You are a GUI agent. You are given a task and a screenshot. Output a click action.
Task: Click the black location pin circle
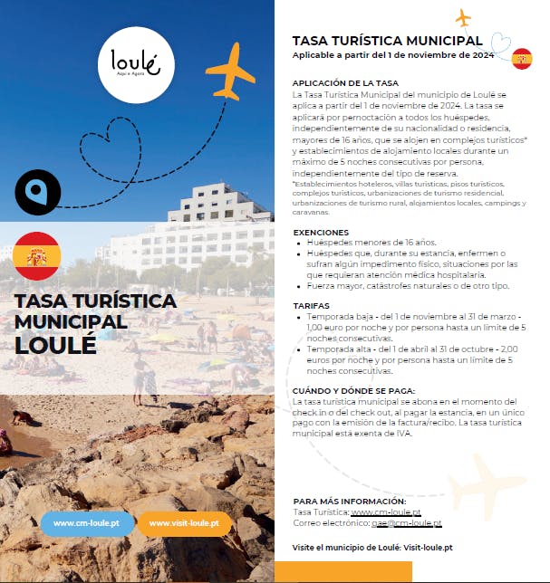(38, 191)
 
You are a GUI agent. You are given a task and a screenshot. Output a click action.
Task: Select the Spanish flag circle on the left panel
(37, 256)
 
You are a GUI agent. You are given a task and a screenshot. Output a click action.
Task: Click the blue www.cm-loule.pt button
(88, 523)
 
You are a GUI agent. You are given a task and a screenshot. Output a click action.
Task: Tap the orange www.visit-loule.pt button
(184, 523)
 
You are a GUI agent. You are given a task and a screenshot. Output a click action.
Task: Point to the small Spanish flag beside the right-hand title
(522, 60)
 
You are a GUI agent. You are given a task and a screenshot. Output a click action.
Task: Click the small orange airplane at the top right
(464, 17)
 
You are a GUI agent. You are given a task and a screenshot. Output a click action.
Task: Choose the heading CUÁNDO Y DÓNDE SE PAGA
(341, 389)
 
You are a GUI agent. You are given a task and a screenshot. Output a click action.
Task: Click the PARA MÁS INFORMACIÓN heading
(350, 501)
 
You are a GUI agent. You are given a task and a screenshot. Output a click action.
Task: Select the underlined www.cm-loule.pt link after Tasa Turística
(385, 512)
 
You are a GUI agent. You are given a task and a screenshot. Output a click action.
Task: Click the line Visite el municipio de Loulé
(372, 548)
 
